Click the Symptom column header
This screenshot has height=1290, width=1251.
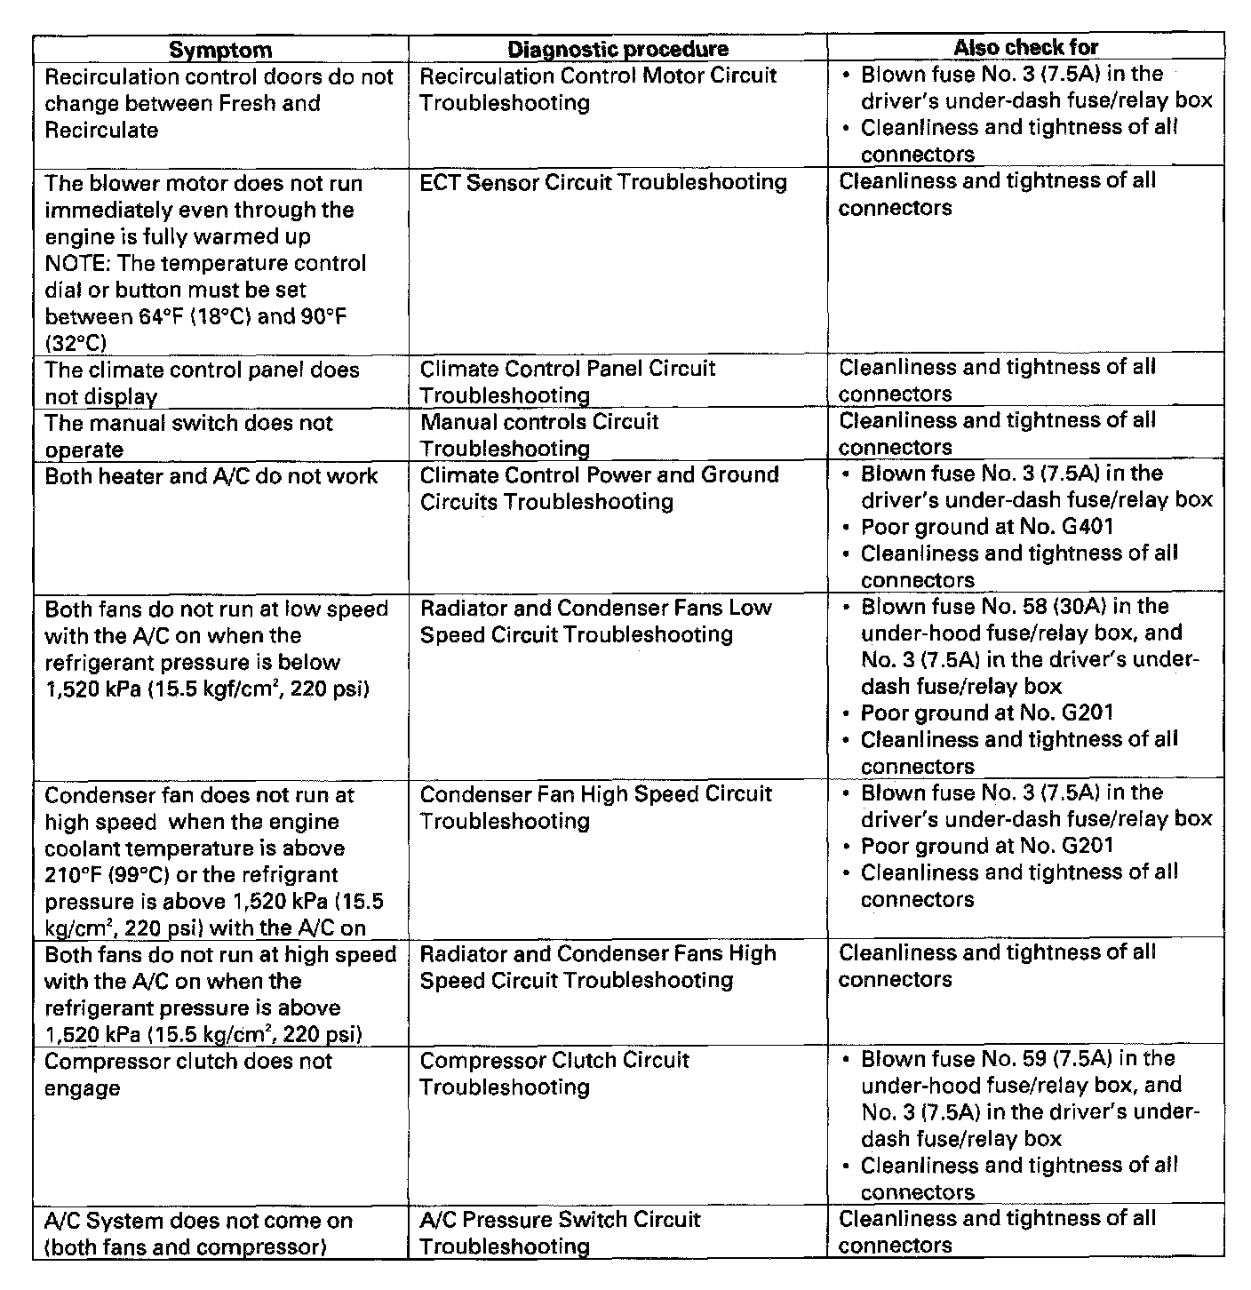220,50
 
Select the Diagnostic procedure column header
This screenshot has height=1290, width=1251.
618,50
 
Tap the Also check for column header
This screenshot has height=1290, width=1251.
1026,48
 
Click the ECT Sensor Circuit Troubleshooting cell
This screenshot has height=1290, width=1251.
602,183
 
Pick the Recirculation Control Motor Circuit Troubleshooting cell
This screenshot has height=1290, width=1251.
597,90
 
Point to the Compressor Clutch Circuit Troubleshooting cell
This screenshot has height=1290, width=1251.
554,1074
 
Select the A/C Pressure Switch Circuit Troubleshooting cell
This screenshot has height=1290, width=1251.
560,1233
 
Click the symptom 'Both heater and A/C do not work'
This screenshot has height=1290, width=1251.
211,477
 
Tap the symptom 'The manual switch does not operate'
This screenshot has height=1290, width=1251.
188,436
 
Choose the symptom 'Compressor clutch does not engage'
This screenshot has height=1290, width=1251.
188,1074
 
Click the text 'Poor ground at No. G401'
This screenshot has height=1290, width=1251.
986,527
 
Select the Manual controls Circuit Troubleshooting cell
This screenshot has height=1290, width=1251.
538,435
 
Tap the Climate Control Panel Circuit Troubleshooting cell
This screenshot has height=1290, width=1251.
567,382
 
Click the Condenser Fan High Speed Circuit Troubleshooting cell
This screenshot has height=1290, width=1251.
595,808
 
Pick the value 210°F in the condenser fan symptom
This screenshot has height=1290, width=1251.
74,875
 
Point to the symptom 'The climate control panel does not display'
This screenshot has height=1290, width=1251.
202,383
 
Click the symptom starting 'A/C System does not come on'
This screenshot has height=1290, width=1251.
198,1234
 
